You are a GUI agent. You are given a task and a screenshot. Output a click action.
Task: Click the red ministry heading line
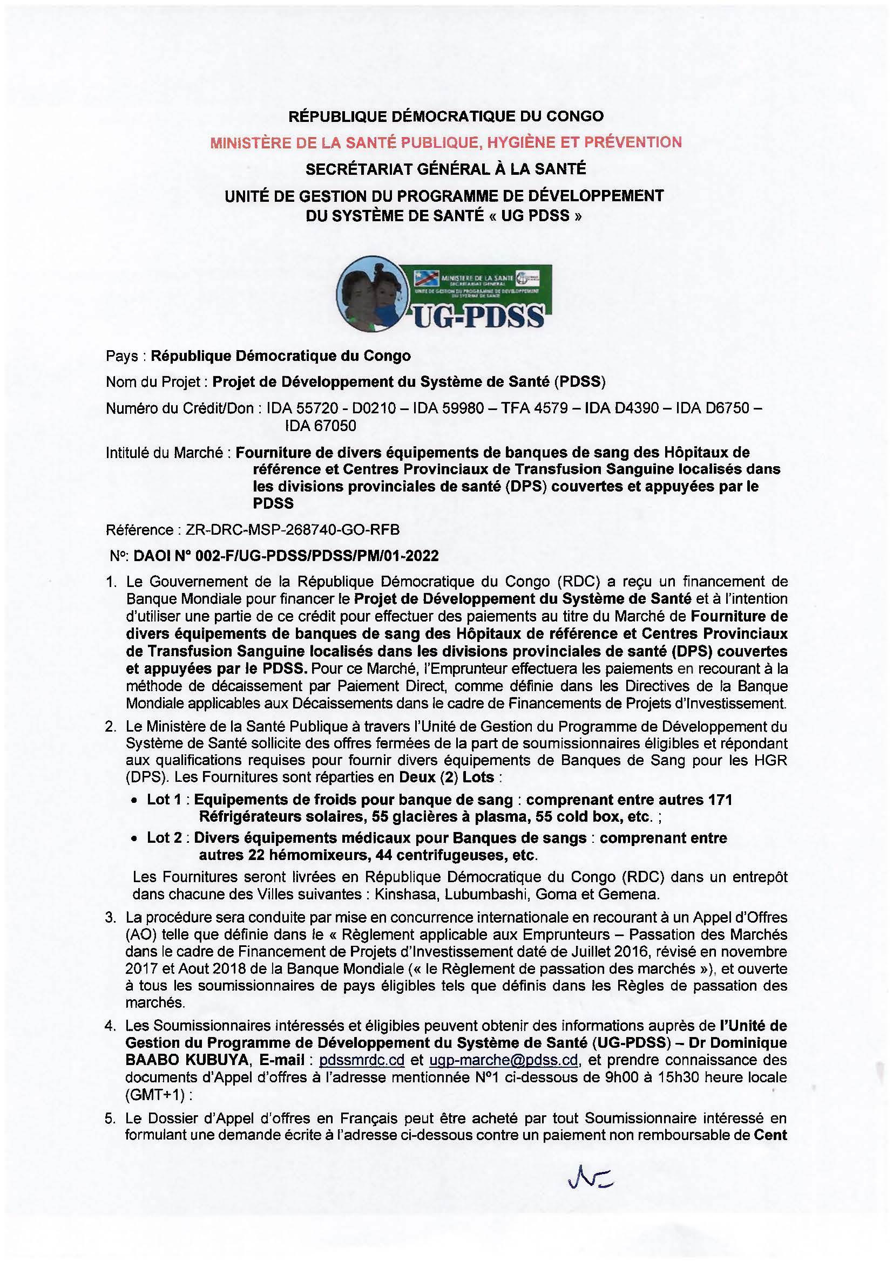coord(446,142)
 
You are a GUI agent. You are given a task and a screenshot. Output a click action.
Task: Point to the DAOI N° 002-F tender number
coord(286,556)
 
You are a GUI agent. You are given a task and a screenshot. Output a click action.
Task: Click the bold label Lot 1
coord(163,799)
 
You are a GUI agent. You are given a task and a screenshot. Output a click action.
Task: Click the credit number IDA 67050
coord(320,425)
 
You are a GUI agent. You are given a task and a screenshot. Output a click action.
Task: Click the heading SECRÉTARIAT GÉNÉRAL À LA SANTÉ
coord(446,168)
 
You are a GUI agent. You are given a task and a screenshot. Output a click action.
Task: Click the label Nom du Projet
coord(153,381)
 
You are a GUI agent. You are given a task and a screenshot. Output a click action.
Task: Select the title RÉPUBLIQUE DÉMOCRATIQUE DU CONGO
coord(446,116)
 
